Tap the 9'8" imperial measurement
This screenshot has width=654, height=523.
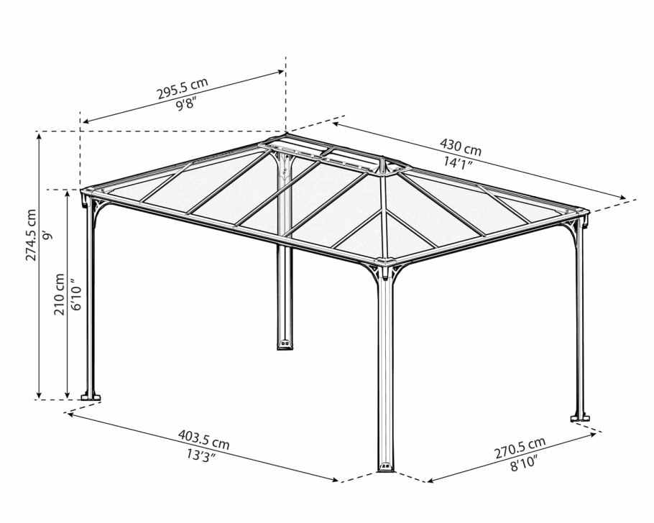(x=186, y=104)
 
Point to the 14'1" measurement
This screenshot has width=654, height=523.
(x=458, y=162)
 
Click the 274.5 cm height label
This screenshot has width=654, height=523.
(x=31, y=235)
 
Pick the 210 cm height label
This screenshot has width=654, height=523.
(x=59, y=294)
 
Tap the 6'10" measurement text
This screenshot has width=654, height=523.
(x=76, y=295)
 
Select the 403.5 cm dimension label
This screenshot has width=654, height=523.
(x=204, y=439)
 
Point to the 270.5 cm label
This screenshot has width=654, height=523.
(x=520, y=448)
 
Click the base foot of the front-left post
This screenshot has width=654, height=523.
(x=91, y=396)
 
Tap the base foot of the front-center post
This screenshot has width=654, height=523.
(x=385, y=467)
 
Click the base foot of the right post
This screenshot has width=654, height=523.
(x=580, y=417)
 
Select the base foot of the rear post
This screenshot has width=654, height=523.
(x=285, y=344)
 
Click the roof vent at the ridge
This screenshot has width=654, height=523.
(x=333, y=157)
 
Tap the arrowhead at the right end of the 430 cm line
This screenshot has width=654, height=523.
(x=622, y=198)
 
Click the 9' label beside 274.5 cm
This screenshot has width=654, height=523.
(x=48, y=236)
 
